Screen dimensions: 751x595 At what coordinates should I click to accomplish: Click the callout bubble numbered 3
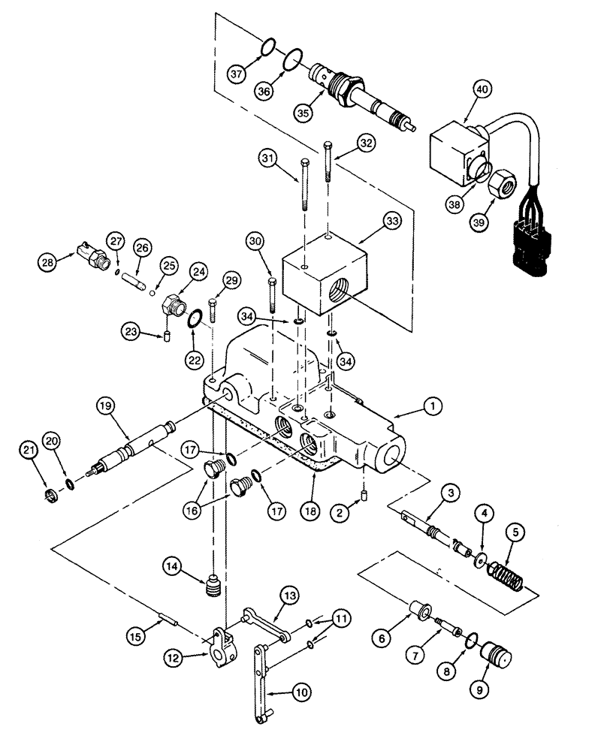pos(450,493)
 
